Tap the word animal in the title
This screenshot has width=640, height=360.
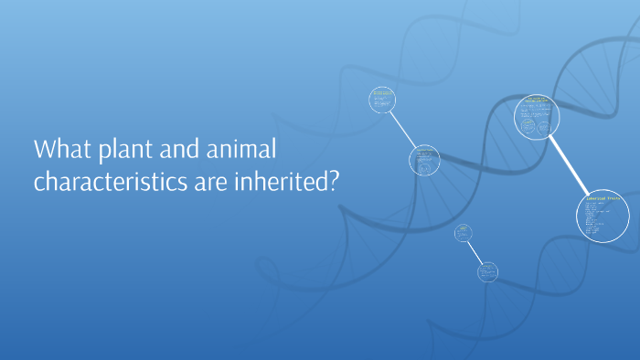point(238,149)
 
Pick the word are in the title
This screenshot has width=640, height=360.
point(208,182)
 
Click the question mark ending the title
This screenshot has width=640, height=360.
point(334,182)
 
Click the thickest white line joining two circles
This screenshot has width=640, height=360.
point(571,167)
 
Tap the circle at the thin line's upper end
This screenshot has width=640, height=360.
point(464,233)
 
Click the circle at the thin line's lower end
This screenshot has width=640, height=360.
point(488,271)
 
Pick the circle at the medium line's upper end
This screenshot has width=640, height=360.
point(382,100)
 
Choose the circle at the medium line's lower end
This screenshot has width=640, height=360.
point(423,160)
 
